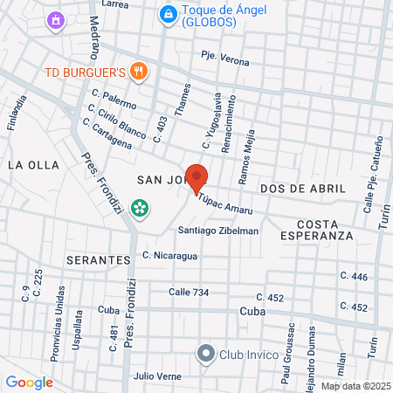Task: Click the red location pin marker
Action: (x=197, y=177)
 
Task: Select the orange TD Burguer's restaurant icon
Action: (x=137, y=70)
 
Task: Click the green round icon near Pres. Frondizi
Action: (x=138, y=208)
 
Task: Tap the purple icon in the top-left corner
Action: (x=57, y=18)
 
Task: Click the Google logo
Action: (x=29, y=382)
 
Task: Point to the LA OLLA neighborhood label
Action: (x=33, y=164)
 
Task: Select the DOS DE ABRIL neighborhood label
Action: (x=303, y=188)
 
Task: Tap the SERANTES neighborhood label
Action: (x=97, y=260)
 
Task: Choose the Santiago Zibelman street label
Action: (x=218, y=231)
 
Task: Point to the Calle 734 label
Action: (x=189, y=292)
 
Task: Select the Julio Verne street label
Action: (x=156, y=376)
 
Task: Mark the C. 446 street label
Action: (x=354, y=277)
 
